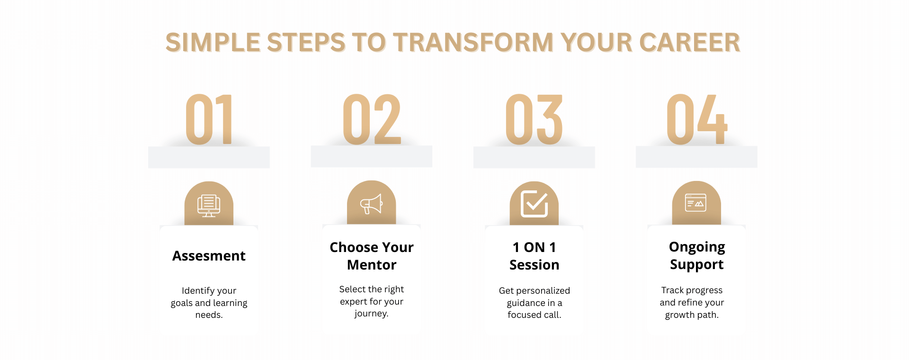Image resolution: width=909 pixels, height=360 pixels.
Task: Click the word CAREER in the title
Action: point(690,43)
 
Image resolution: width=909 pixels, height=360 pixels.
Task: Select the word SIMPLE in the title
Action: point(213,43)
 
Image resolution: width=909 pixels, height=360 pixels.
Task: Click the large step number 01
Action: point(209,119)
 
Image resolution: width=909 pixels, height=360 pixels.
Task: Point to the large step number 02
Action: point(372,119)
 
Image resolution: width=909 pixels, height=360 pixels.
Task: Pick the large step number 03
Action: point(534,119)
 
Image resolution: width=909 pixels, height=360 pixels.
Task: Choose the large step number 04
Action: point(697,119)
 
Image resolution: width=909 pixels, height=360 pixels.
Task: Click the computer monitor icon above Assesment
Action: point(209,206)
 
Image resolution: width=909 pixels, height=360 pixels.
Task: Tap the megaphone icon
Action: point(372,204)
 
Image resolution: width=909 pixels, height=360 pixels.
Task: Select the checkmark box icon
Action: point(535,204)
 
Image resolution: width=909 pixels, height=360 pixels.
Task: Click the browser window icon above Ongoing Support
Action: point(696,203)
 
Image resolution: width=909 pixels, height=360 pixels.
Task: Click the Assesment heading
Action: point(209,256)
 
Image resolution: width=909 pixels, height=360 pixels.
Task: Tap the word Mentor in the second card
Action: point(372,265)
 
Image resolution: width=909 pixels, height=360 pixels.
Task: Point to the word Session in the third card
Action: point(535,265)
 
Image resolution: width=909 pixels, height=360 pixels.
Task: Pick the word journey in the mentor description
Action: point(370,314)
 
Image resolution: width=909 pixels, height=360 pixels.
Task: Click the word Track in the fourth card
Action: point(673,290)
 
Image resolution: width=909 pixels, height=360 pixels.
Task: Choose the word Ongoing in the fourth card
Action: point(697,248)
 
